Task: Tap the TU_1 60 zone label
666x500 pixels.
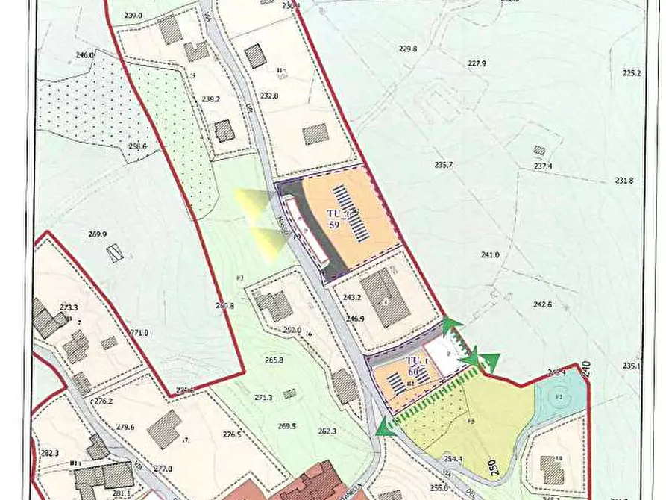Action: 418,366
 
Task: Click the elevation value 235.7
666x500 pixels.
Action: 444,165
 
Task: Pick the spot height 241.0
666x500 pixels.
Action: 490,255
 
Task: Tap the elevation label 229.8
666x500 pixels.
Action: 408,49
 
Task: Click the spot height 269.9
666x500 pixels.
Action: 98,234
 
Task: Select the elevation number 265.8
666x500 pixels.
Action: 274,360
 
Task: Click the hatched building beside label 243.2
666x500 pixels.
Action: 385,298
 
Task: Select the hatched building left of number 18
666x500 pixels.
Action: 552,470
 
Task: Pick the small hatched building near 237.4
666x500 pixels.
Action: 539,150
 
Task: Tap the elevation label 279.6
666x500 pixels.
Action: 125,428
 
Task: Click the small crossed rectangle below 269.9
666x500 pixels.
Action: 114,253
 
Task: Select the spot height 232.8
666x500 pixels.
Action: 268,96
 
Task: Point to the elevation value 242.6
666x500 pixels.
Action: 542,304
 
